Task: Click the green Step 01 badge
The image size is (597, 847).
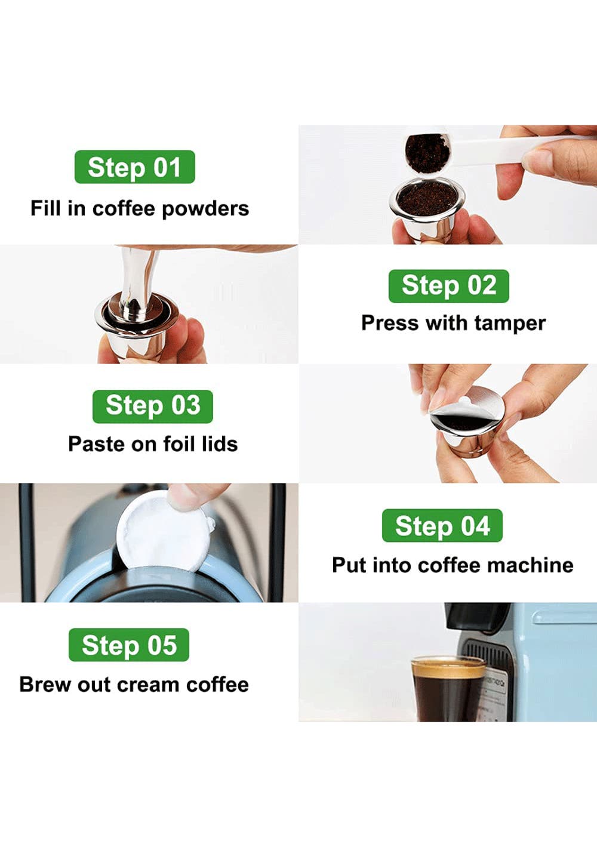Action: (134, 167)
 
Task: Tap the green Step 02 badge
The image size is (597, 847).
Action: (448, 286)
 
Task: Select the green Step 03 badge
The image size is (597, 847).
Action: (153, 406)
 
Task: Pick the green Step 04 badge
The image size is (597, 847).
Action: (442, 525)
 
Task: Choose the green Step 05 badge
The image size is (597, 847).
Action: (129, 645)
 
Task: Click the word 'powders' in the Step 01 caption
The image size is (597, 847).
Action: (205, 209)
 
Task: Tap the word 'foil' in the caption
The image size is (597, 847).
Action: (179, 443)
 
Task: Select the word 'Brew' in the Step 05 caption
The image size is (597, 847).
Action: (45, 685)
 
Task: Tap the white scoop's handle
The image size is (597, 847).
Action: (503, 150)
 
